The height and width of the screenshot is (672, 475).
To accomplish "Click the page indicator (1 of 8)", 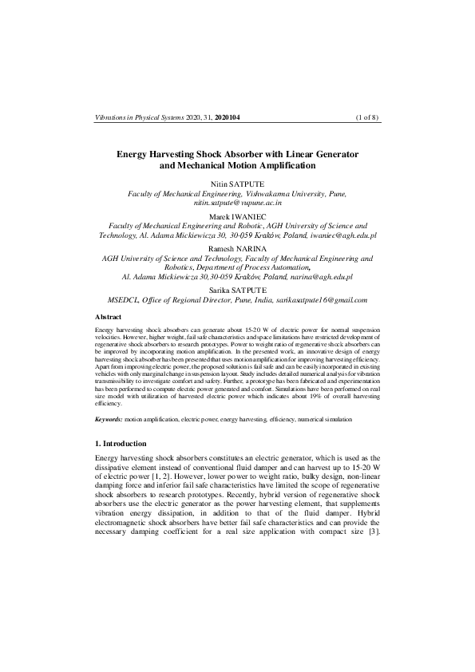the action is [x=366, y=117].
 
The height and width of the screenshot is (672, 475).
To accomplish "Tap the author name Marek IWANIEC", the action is [x=238, y=216].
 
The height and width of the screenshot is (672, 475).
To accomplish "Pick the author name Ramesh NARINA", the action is [x=238, y=248].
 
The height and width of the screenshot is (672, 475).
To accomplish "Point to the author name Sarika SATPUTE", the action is [x=238, y=290].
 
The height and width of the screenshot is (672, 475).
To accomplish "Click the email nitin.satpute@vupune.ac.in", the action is [x=238, y=204].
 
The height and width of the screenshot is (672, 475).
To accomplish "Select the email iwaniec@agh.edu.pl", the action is [x=344, y=236].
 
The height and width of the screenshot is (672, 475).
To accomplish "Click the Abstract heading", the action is [x=110, y=317].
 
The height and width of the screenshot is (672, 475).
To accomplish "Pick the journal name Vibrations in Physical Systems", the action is [x=139, y=117].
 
